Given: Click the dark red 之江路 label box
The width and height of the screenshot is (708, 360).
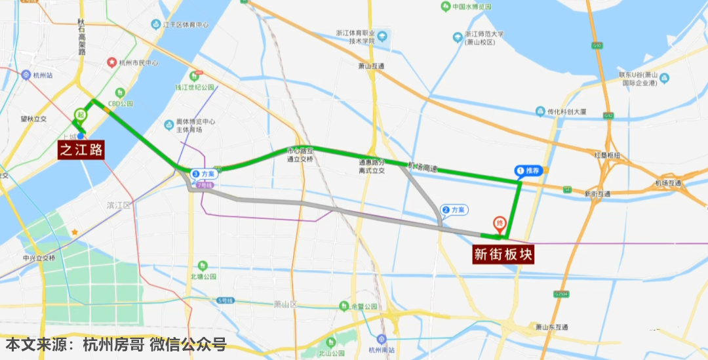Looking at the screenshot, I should click(x=82, y=150).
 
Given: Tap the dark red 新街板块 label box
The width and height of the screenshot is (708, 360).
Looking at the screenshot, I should click(x=503, y=255).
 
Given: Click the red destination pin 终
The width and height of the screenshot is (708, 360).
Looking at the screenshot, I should click(x=500, y=224).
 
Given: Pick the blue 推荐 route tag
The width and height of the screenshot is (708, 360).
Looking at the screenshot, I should click(x=528, y=170).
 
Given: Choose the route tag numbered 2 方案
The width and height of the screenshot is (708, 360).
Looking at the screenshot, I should click(x=454, y=210).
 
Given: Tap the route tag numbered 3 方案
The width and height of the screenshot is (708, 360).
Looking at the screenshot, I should click(x=204, y=174).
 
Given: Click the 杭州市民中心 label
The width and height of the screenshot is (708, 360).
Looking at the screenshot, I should click(x=138, y=64).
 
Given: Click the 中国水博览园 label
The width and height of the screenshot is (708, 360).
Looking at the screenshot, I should click(x=471, y=7).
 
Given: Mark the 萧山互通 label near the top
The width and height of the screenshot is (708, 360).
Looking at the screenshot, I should click(x=370, y=66).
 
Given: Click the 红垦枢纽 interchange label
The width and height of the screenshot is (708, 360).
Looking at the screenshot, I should click(x=606, y=155).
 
